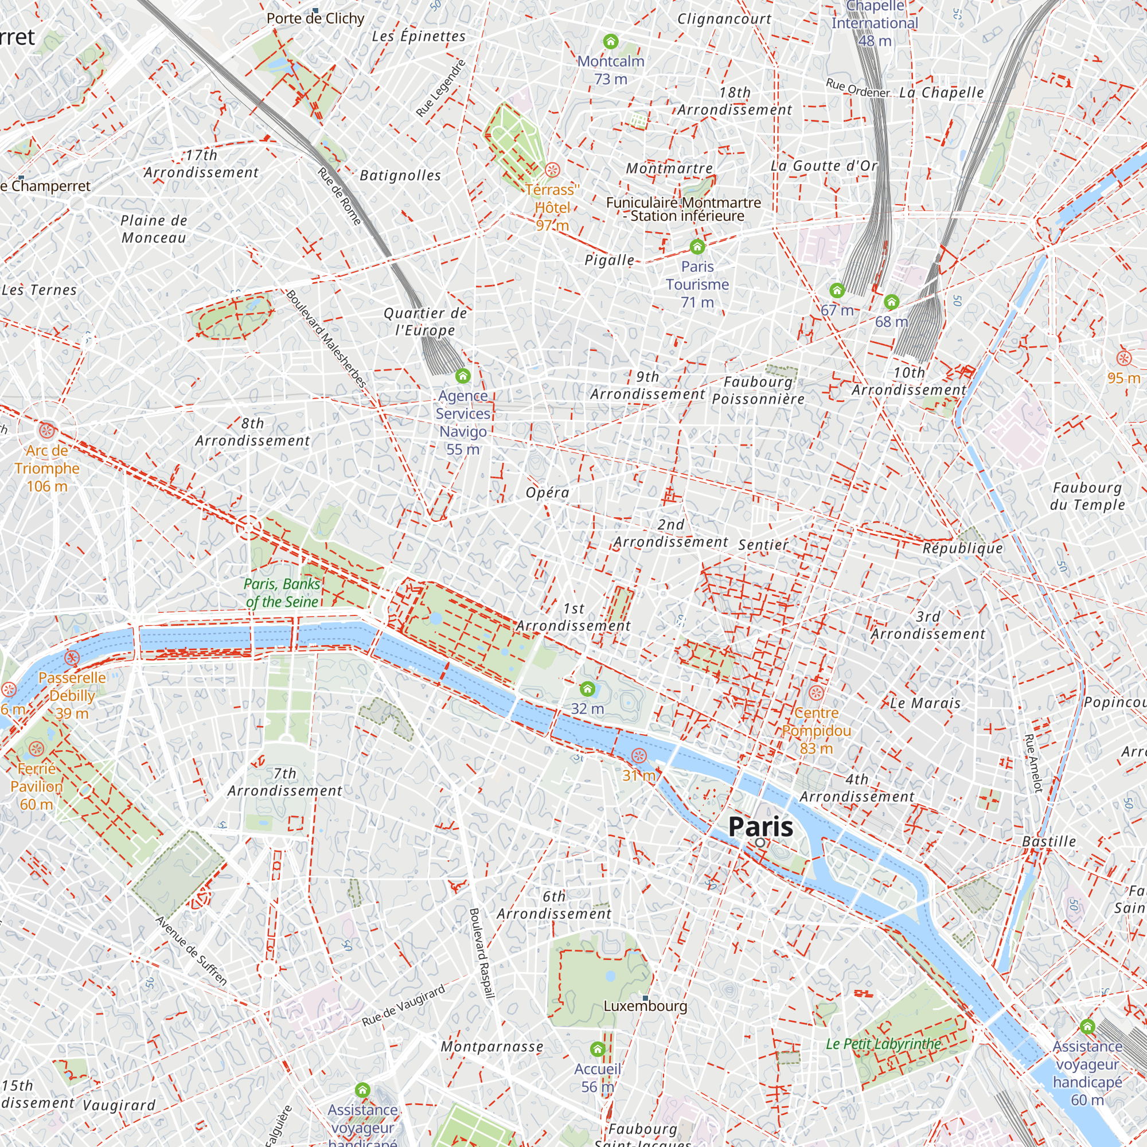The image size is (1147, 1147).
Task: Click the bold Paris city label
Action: click(760, 826)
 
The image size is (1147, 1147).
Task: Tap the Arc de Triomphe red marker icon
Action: click(47, 431)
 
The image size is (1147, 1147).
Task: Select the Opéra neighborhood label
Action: click(547, 493)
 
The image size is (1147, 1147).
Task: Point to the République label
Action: click(963, 548)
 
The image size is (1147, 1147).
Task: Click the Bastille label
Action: click(1049, 841)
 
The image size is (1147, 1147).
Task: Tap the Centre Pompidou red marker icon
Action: click(816, 692)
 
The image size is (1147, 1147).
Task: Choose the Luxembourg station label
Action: click(645, 1006)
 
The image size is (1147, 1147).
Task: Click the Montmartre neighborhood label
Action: click(669, 169)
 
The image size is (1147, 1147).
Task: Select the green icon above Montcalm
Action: click(610, 41)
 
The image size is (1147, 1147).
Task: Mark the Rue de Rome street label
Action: click(339, 196)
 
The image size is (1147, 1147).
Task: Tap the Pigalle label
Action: click(609, 260)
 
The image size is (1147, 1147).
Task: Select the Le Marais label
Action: click(925, 703)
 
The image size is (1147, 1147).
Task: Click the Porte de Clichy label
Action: click(315, 18)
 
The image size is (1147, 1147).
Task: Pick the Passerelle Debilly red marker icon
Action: click(72, 658)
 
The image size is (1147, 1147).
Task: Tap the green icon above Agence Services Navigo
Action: click(462, 376)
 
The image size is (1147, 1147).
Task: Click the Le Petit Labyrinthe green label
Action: click(883, 1044)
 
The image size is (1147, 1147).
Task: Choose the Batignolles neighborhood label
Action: click(400, 175)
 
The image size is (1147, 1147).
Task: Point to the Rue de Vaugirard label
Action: click(403, 1006)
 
